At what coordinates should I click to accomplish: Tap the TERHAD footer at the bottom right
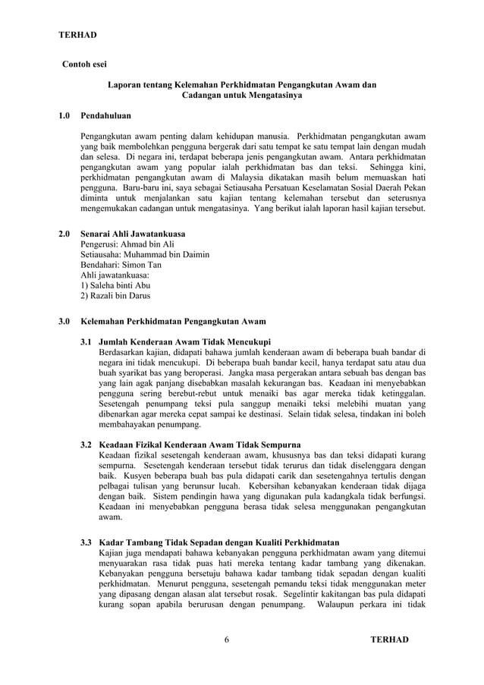click(388, 639)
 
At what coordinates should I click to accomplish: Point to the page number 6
click(228, 639)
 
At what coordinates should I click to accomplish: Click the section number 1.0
click(65, 116)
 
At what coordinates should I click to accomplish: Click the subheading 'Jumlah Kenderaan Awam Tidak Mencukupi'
click(185, 341)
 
